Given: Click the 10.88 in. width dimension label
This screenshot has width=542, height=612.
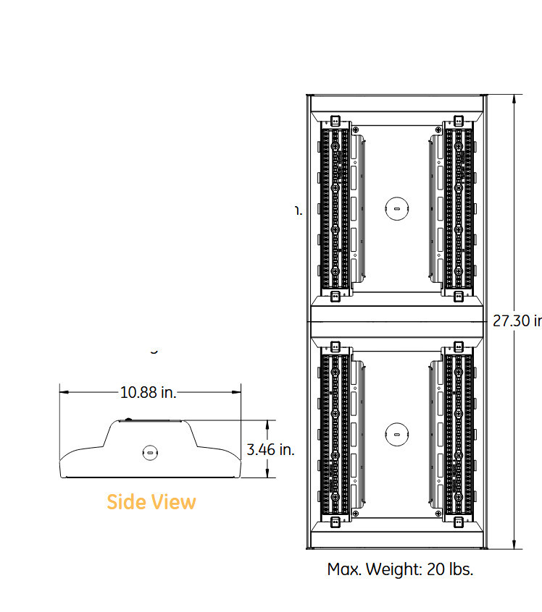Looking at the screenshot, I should point(148,393).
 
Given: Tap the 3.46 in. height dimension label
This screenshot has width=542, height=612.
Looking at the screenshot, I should point(270,449).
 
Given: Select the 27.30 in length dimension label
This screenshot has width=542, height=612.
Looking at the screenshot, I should point(517,321).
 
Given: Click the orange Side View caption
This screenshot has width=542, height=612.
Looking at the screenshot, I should point(151,501).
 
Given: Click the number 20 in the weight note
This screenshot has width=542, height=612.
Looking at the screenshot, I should point(435,569).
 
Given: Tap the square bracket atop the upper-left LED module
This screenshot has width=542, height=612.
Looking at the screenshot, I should point(335,121).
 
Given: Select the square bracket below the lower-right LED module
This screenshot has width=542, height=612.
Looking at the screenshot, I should point(458,522).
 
